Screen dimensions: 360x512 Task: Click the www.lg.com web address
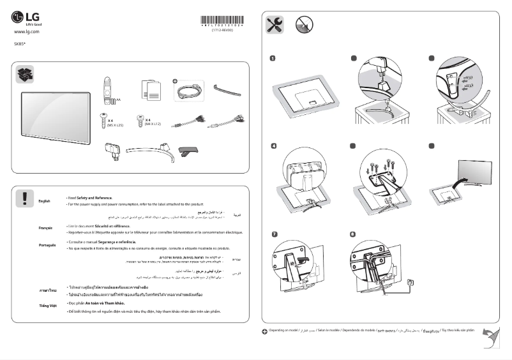(26, 31)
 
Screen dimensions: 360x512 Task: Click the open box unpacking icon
(24, 75)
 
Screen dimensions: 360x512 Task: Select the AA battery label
(118, 100)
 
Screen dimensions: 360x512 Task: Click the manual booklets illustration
(149, 91)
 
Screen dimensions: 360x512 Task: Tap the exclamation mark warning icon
(24, 198)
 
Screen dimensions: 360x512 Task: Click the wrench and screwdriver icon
(275, 25)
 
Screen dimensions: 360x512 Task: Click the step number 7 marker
(273, 234)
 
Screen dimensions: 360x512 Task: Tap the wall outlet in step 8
(410, 281)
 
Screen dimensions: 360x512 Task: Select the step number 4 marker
(273, 146)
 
